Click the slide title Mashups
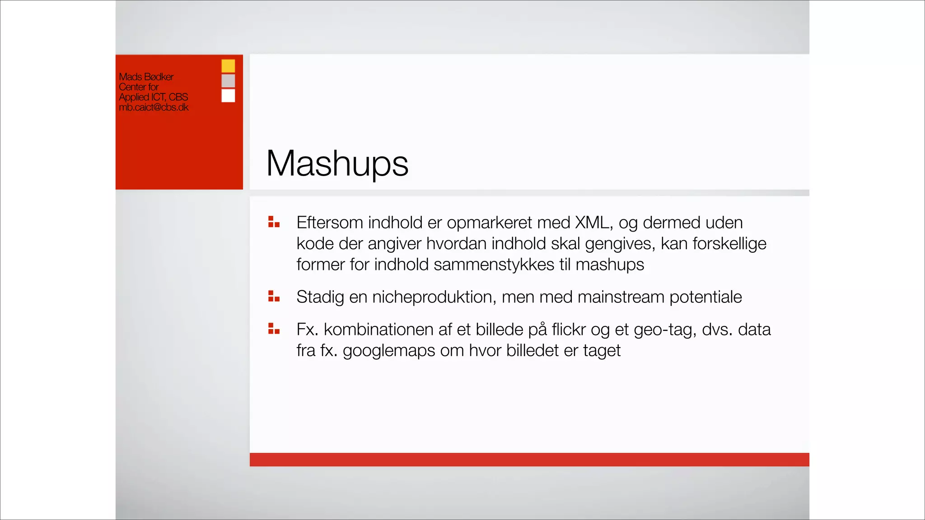tap(337, 164)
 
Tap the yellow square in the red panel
tap(228, 66)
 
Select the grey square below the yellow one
tap(228, 81)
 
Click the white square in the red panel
tap(228, 96)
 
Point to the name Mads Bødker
tap(146, 77)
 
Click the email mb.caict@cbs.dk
tap(154, 107)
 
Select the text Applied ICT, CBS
tap(153, 97)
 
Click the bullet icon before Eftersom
tap(274, 222)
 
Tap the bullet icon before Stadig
tap(274, 296)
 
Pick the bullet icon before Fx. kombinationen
tap(274, 329)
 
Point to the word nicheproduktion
tap(434, 297)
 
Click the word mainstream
tap(621, 297)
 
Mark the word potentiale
tap(705, 297)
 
